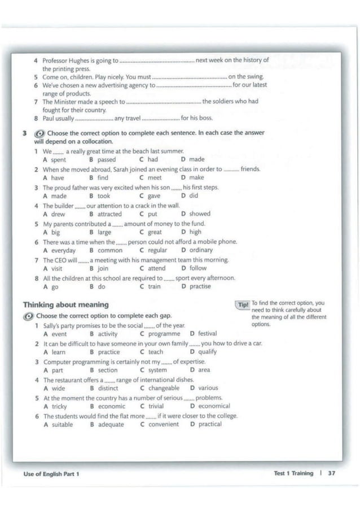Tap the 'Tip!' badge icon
(x=243, y=305)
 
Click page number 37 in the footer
(x=331, y=473)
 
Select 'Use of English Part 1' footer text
(x=51, y=474)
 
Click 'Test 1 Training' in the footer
(x=293, y=473)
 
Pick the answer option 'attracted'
(x=109, y=214)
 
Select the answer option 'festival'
(x=207, y=334)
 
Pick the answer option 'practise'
(x=200, y=286)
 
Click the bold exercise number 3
(x=24, y=134)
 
